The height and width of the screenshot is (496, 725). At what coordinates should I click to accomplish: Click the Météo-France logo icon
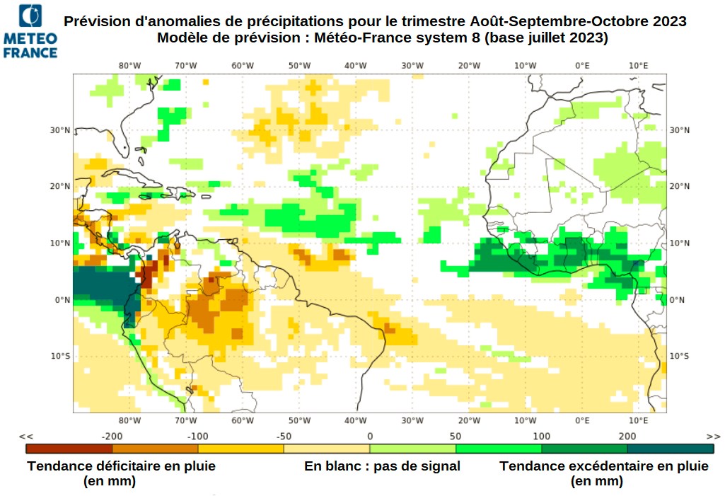[30, 16]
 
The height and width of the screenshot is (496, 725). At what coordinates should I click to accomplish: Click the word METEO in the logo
[30, 38]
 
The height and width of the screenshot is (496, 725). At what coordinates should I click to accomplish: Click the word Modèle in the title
[182, 38]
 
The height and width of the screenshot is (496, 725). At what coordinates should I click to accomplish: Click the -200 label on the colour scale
[112, 436]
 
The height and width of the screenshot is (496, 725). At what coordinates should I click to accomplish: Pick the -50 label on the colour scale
[284, 436]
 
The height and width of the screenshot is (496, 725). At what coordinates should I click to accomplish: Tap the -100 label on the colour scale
[198, 436]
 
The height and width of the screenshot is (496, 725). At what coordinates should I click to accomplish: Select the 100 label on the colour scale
[542, 436]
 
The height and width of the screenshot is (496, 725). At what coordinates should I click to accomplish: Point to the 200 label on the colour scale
[627, 436]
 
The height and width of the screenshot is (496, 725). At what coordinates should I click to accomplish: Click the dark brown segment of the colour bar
[69, 448]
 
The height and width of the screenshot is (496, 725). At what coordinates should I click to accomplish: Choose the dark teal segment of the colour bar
[670, 448]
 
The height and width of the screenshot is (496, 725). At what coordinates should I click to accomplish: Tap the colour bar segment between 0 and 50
[412, 448]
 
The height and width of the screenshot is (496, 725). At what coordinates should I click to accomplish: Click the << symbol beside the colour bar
[26, 436]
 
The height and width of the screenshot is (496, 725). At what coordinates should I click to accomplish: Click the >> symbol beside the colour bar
[713, 436]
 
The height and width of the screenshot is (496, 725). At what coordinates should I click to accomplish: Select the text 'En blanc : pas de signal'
[382, 466]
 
